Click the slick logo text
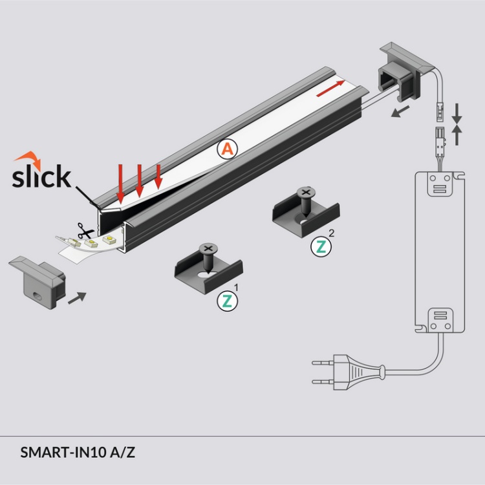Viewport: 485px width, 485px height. tap(41, 176)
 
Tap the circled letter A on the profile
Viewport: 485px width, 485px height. tap(227, 150)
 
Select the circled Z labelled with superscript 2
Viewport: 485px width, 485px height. tap(321, 246)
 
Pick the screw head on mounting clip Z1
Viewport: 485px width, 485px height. tap(208, 248)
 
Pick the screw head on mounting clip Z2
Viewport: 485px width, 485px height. tap(304, 193)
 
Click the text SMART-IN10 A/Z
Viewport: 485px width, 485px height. tap(78, 452)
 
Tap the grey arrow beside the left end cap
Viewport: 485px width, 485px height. tap(77, 297)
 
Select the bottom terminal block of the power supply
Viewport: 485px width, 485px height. tap(440, 316)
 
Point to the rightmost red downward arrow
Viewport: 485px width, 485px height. tap(158, 177)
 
